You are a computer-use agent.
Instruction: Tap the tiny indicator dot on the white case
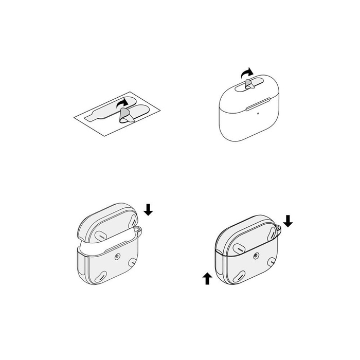click(x=251, y=108)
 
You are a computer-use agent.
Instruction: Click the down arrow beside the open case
click(x=148, y=209)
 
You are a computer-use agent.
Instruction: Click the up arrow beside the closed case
click(x=207, y=279)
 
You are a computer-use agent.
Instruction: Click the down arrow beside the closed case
click(x=288, y=221)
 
